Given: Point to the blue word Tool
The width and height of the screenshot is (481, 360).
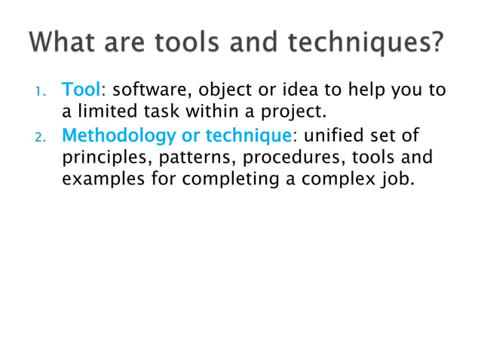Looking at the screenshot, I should [80, 91].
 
